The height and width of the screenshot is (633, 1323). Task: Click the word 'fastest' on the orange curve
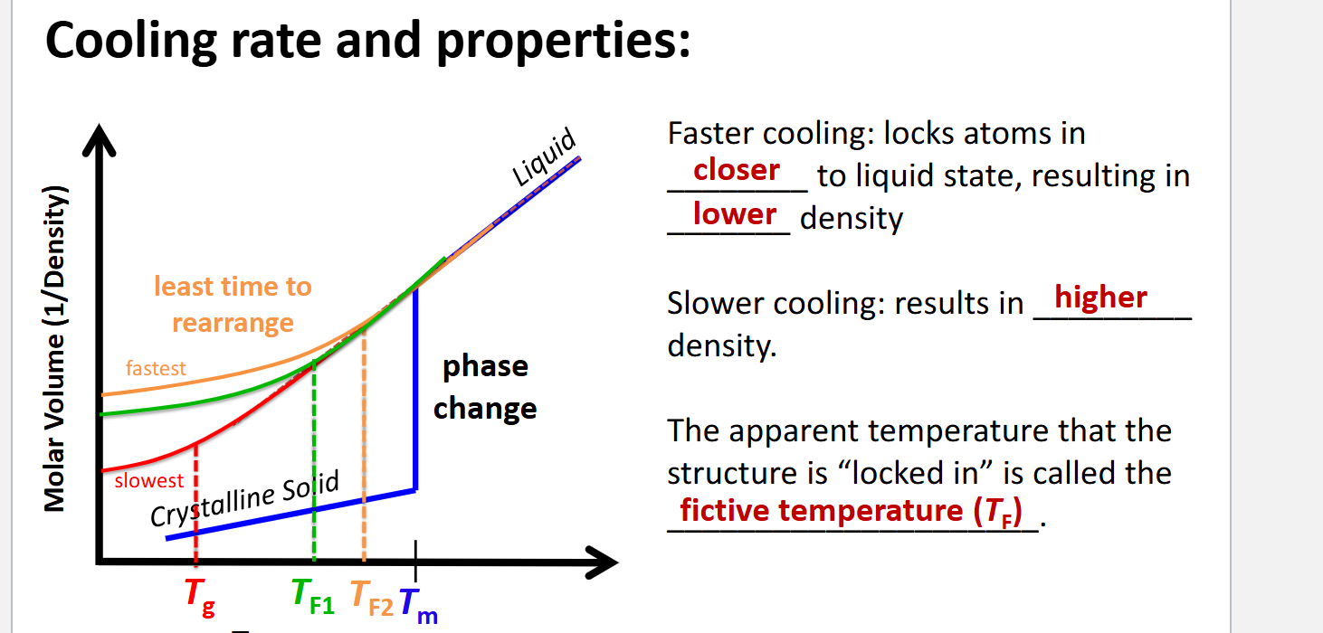156,368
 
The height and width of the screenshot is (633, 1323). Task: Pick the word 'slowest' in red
148,481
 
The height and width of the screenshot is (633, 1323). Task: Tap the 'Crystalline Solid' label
244,499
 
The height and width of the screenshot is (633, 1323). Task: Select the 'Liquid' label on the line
544,157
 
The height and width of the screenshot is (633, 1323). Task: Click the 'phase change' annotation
485,387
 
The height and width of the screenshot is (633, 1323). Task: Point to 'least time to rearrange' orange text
233,305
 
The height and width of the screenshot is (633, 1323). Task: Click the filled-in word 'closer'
736,170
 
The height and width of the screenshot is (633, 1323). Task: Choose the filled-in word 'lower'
734,214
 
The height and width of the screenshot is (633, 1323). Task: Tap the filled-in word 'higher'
1100,298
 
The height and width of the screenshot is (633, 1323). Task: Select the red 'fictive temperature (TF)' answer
851,511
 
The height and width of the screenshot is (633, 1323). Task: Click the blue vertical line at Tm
415,389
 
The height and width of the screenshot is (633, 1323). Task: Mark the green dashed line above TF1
314,452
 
